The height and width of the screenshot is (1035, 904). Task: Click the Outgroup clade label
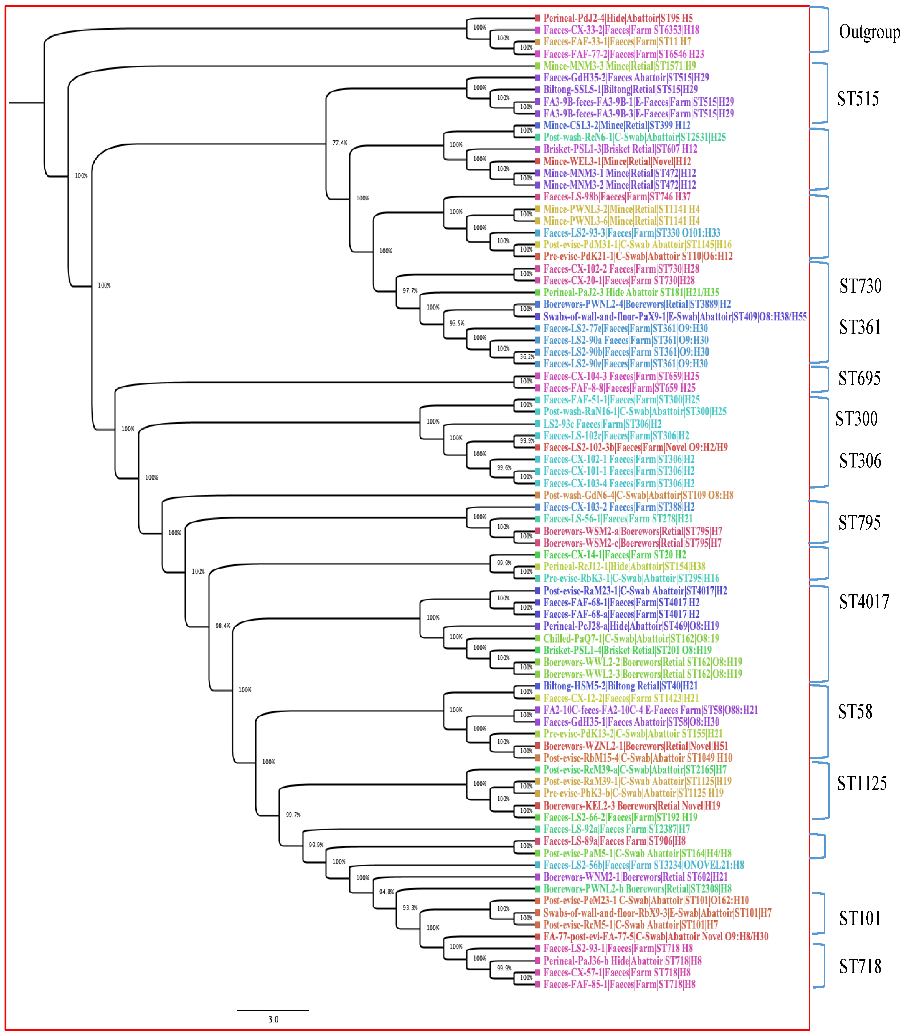click(x=869, y=32)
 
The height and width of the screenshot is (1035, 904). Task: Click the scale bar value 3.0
click(x=273, y=1019)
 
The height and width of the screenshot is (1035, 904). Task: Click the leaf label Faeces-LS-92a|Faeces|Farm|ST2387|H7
click(x=616, y=829)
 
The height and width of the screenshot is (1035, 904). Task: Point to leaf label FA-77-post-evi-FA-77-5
click(x=655, y=937)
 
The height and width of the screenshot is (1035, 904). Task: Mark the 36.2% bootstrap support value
click(x=527, y=356)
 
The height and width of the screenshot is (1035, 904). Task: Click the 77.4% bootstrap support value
click(x=339, y=143)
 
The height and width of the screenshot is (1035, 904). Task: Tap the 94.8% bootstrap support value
click(x=386, y=892)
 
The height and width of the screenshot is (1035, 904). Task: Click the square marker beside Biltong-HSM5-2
click(x=538, y=686)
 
